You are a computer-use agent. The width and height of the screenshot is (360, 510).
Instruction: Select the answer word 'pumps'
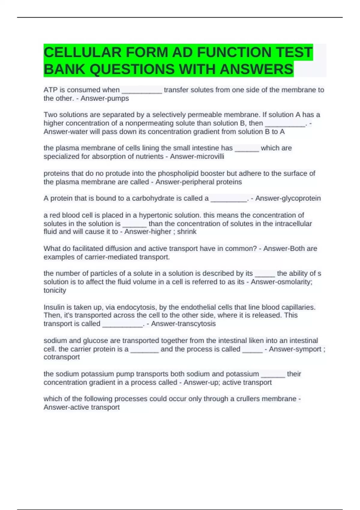point(119,98)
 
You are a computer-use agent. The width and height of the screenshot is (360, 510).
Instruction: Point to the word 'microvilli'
point(212,156)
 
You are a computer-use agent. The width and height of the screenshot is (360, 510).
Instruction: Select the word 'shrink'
point(187,232)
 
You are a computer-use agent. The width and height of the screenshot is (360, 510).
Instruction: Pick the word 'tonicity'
point(55,290)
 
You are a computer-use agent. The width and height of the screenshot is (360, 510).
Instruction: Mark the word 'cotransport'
point(62,357)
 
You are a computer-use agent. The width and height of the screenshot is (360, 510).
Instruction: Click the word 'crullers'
point(250,399)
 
